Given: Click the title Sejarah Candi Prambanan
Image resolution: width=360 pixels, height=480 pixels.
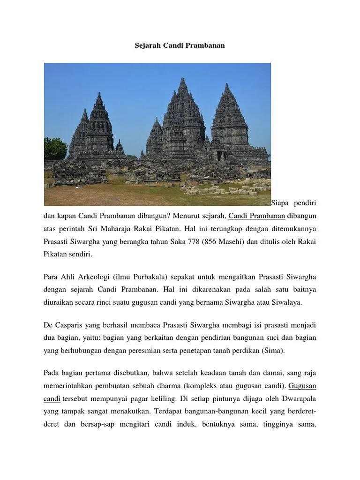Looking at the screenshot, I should click(x=180, y=46).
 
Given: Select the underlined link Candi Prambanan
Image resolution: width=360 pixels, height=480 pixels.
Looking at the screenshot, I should click(x=257, y=216).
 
